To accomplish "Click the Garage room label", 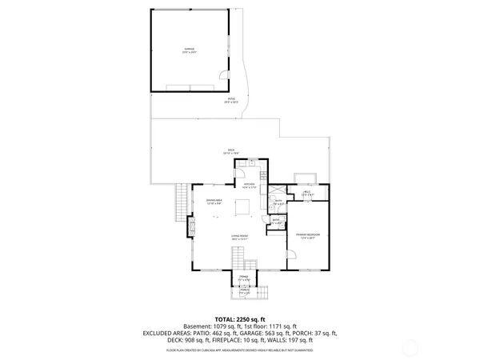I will click(x=190, y=50).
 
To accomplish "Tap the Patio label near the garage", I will click(x=230, y=101).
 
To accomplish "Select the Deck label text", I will click(x=230, y=151).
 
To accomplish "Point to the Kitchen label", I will click(x=249, y=186).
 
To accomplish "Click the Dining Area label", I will click(x=214, y=202).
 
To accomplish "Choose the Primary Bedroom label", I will click(x=307, y=236).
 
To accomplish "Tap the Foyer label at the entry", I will click(x=244, y=279).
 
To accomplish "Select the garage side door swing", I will click(x=219, y=77).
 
